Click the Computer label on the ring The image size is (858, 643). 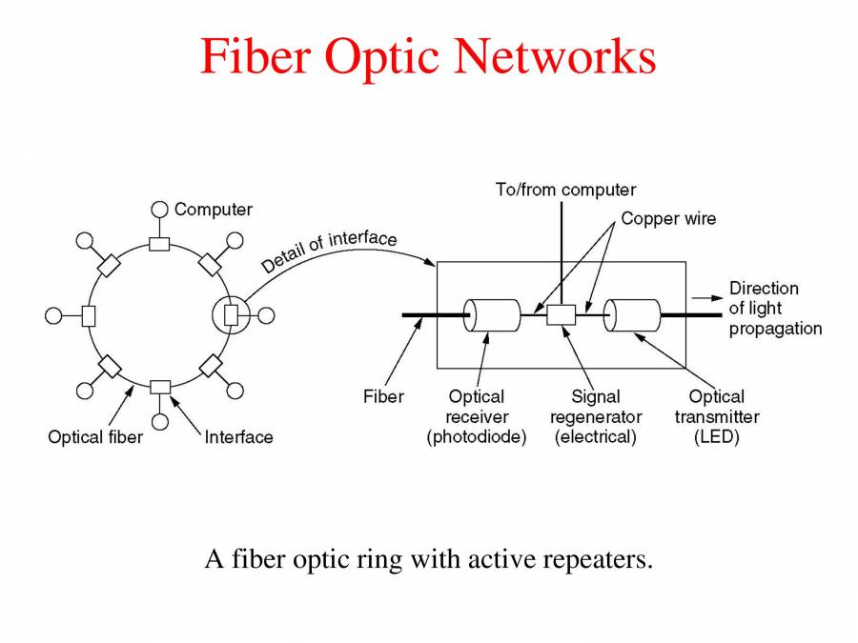[x=213, y=209]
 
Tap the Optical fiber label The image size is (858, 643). [x=95, y=437]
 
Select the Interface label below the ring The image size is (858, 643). [x=238, y=437]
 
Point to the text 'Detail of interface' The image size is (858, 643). [x=329, y=251]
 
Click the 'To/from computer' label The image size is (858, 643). [x=565, y=190]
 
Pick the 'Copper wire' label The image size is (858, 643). [x=668, y=218]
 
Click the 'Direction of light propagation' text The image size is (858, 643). [x=774, y=308]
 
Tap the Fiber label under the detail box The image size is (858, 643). [x=383, y=396]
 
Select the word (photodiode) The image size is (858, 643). [x=477, y=437]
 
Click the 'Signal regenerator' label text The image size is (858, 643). [x=596, y=407]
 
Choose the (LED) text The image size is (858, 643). [x=717, y=437]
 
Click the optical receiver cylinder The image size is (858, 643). [x=491, y=314]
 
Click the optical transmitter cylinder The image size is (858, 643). [x=632, y=314]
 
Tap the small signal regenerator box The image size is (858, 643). [x=561, y=314]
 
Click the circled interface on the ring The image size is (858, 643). [x=230, y=315]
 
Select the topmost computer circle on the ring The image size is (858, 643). [x=159, y=210]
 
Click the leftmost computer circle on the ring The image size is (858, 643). [x=53, y=315]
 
